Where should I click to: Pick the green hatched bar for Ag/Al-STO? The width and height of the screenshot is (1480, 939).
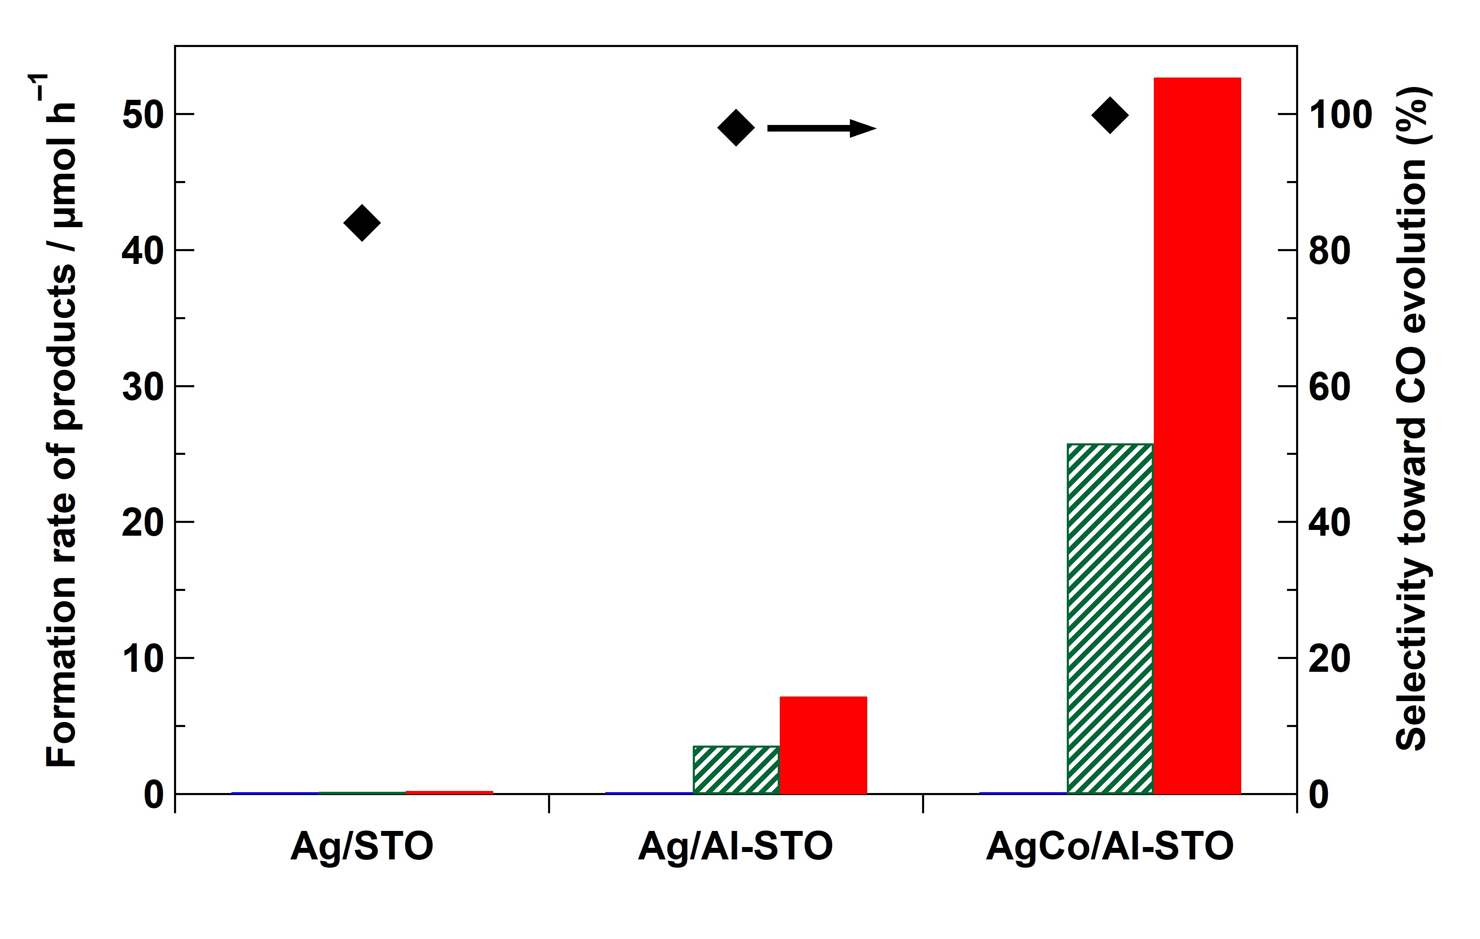coord(736,770)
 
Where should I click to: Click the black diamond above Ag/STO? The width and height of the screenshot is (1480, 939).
coord(362,222)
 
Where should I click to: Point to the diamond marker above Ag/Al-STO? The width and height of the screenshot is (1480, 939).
coord(736,128)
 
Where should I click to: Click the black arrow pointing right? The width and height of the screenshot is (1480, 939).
coord(821,128)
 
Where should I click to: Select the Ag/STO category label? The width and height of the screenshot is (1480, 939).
coord(362,846)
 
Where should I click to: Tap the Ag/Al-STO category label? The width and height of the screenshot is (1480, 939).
coord(736,846)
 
